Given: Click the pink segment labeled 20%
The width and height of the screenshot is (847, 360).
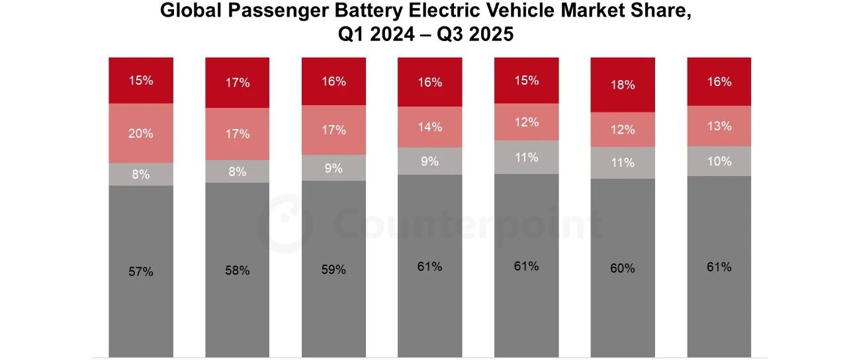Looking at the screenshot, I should [141, 133].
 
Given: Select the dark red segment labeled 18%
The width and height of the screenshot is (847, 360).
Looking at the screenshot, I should [622, 85].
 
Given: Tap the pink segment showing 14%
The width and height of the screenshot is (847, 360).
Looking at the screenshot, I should [429, 127].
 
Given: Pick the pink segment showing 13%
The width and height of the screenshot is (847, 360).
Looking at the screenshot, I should [719, 126].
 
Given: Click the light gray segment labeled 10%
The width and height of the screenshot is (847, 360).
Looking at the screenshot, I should [719, 161].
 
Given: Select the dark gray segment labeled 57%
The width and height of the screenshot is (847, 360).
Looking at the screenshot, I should [141, 271].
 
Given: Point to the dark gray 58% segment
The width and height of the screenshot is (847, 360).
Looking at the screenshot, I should [237, 270].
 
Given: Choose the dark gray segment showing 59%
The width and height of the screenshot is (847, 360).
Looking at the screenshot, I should [334, 269].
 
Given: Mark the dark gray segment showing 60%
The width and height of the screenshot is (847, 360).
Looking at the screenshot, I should [622, 268].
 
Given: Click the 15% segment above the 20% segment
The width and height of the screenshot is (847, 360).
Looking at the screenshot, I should [141, 81].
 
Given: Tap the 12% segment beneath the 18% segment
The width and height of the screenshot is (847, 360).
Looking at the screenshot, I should [622, 130].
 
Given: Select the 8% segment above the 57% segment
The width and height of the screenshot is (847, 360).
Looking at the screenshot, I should [141, 174].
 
